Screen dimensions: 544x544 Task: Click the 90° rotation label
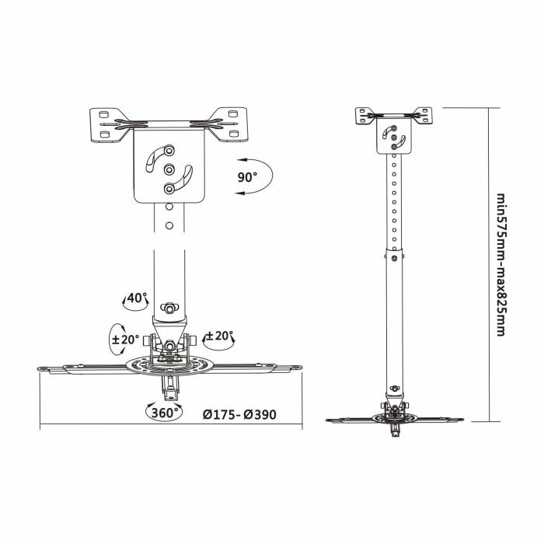pyautogui.click(x=247, y=177)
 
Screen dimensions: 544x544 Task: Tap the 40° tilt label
pyautogui.click(x=136, y=298)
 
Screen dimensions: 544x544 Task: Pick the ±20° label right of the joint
pyautogui.click(x=219, y=337)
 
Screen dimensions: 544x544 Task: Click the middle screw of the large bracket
pyautogui.click(x=169, y=169)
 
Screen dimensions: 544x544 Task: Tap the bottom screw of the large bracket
pyautogui.click(x=169, y=187)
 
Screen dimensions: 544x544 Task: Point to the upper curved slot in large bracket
pyautogui.click(x=156, y=154)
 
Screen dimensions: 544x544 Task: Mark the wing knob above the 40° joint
pyautogui.click(x=169, y=305)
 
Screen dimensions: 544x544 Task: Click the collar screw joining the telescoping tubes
pyautogui.click(x=396, y=258)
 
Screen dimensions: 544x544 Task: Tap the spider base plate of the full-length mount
pyautogui.click(x=394, y=419)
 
